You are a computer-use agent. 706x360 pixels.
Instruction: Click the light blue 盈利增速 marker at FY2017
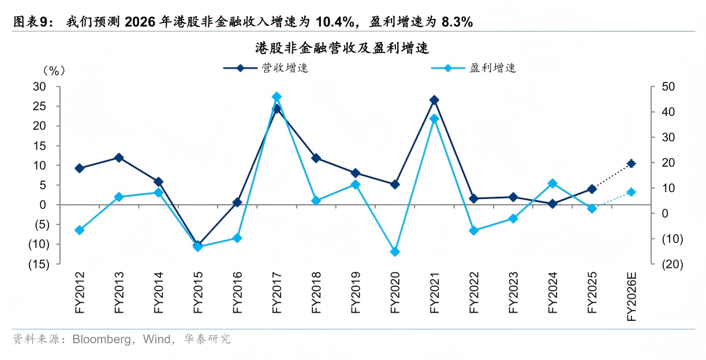click(x=277, y=97)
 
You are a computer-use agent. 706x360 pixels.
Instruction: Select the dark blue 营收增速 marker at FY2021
click(x=434, y=100)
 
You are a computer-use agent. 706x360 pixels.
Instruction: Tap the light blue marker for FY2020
click(x=395, y=252)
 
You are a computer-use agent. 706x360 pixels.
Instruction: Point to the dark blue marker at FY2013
click(x=119, y=158)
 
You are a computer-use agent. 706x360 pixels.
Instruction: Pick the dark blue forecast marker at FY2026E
click(x=632, y=163)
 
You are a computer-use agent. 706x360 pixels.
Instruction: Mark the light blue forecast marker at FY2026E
click(x=632, y=192)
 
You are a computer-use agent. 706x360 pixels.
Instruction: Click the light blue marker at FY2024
click(x=552, y=183)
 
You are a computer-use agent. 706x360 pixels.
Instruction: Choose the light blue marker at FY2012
click(x=80, y=230)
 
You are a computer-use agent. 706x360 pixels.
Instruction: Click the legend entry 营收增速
click(x=266, y=67)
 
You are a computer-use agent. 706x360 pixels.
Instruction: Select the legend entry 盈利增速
click(x=473, y=67)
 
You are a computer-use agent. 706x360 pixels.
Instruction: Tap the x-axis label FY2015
click(x=198, y=292)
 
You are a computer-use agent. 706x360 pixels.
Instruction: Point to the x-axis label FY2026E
click(x=632, y=297)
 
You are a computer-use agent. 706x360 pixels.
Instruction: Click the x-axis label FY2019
click(x=356, y=292)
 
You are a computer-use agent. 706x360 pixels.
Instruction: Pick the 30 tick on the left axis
click(x=39, y=87)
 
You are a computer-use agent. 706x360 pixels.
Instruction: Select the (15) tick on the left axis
click(x=39, y=264)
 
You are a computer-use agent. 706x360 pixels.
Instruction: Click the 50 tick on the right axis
click(x=668, y=87)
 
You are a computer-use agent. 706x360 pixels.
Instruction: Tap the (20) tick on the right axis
click(x=673, y=264)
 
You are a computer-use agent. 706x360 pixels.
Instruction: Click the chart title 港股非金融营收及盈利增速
click(x=342, y=48)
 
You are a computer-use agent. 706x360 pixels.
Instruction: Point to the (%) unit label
click(x=54, y=70)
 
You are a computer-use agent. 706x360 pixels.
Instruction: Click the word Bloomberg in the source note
click(x=102, y=339)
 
